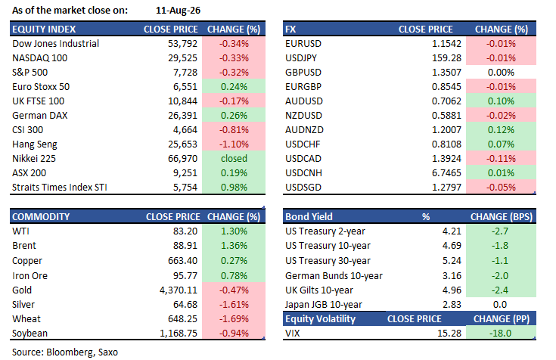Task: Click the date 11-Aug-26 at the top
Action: (178, 11)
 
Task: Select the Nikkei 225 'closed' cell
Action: (234, 159)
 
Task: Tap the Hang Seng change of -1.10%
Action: (234, 144)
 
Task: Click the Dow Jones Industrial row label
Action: (56, 44)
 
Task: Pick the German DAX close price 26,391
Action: (182, 116)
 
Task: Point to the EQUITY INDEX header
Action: (44, 29)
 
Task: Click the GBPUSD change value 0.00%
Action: (501, 73)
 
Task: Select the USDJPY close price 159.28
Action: (446, 57)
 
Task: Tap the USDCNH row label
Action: (303, 173)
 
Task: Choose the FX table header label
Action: (290, 29)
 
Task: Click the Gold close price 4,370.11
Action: (179, 290)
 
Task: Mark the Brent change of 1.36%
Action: (234, 246)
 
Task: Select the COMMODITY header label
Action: (41, 217)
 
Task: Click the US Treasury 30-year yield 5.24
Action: (452, 261)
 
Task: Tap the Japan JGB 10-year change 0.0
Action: (500, 304)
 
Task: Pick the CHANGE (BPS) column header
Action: (502, 217)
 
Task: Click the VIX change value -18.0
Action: (500, 334)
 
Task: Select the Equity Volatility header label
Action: (320, 319)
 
